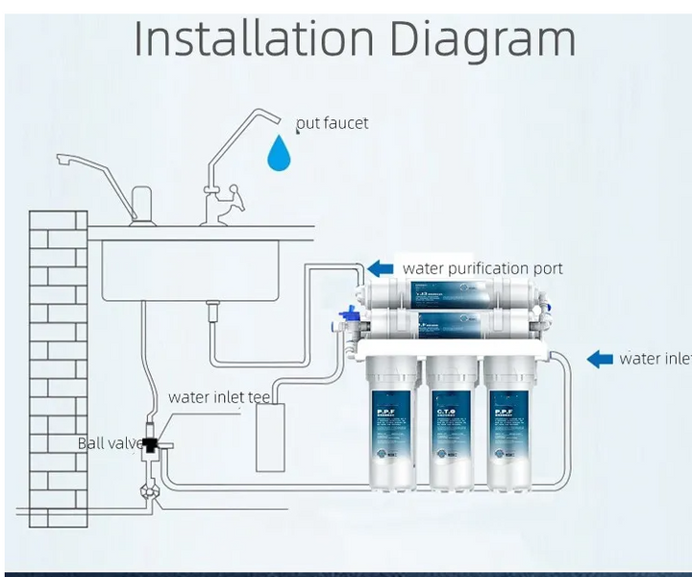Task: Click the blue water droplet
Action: (x=279, y=154)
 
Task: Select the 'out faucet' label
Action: (x=333, y=123)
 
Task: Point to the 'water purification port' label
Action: (x=482, y=268)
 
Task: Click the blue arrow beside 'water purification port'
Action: (x=381, y=268)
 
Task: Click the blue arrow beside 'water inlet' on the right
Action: (x=600, y=359)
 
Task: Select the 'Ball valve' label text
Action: (x=107, y=443)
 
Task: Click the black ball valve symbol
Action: (x=152, y=444)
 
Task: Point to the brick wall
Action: (x=53, y=365)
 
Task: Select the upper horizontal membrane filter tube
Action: (x=451, y=294)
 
